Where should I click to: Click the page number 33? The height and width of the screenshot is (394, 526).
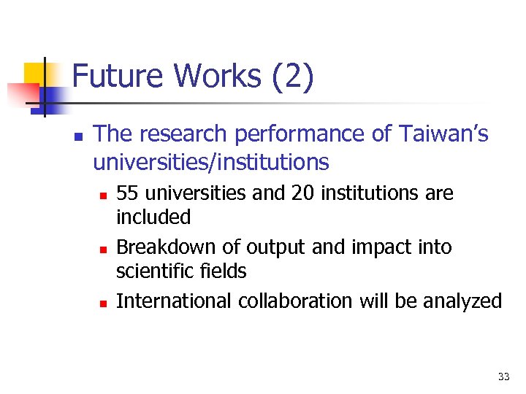click(x=503, y=376)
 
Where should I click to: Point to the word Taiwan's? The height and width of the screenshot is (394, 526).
click(x=443, y=134)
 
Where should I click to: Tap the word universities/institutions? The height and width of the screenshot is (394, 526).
click(x=211, y=161)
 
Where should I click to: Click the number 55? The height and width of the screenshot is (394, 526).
click(x=126, y=193)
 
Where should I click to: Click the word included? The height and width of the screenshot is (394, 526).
click(x=153, y=217)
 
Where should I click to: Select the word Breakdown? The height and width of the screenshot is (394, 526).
click(x=162, y=247)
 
